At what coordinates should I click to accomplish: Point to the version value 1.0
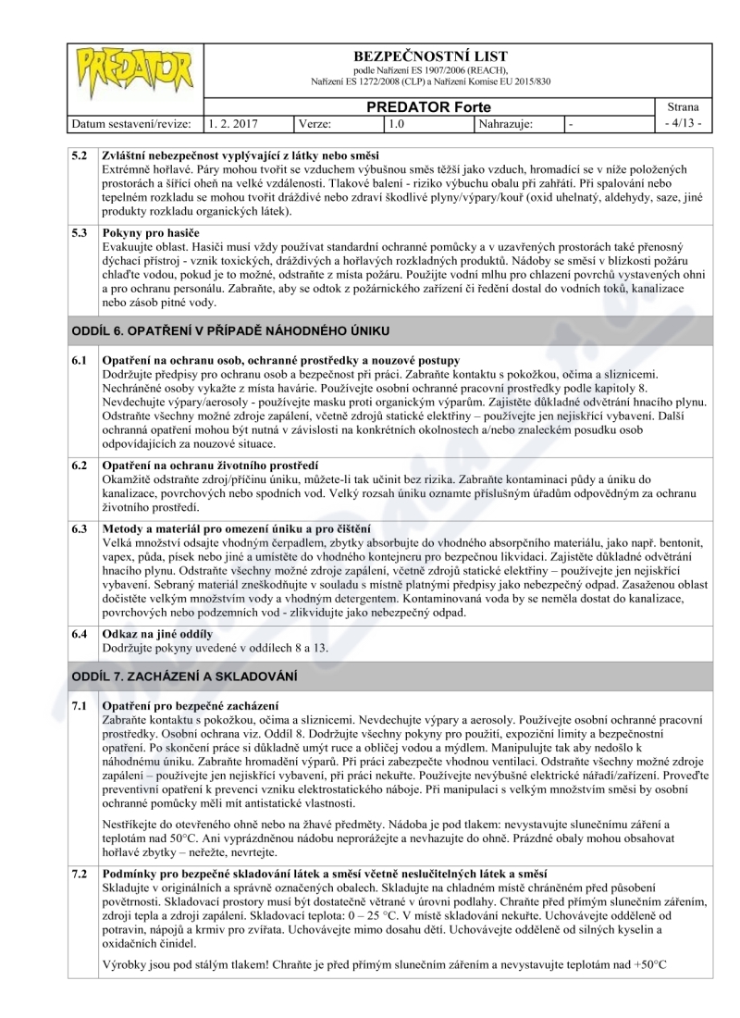click(x=398, y=122)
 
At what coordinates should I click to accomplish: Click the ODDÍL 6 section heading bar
click(x=370, y=330)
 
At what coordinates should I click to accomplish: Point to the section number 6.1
click(x=81, y=359)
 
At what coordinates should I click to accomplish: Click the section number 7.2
click(x=81, y=875)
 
